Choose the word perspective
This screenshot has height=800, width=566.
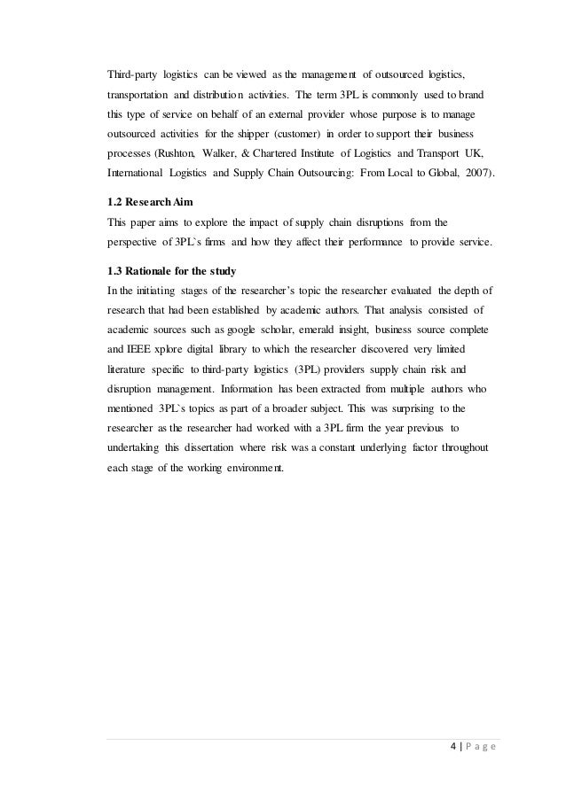(x=134, y=243)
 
